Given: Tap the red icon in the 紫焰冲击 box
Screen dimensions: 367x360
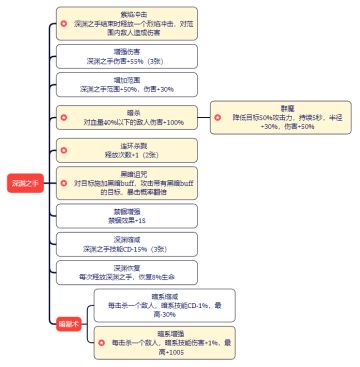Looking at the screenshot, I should [x=66, y=21].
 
